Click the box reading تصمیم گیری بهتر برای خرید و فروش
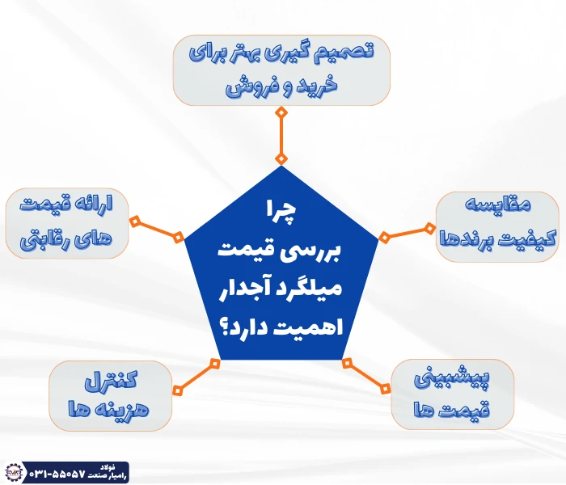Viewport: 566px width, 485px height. click(281, 71)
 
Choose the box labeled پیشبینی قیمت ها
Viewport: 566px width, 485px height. click(452, 394)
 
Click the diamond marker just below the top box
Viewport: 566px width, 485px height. click(281, 112)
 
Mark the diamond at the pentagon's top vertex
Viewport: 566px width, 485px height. click(281, 158)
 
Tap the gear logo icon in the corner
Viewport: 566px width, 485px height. click(13, 472)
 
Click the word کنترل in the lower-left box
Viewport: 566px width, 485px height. click(112, 380)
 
